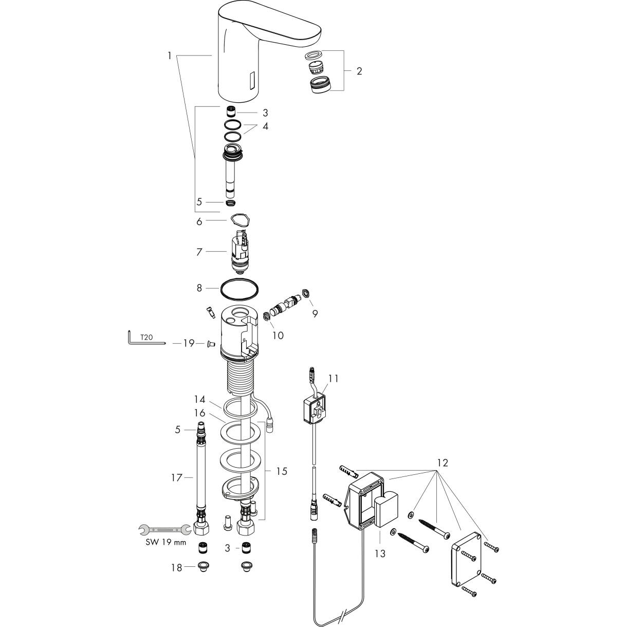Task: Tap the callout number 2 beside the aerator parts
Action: click(359, 71)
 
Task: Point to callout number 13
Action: click(380, 554)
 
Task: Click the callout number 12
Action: click(442, 463)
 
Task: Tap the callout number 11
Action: click(334, 379)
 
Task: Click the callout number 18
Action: click(176, 568)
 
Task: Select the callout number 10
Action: click(278, 335)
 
